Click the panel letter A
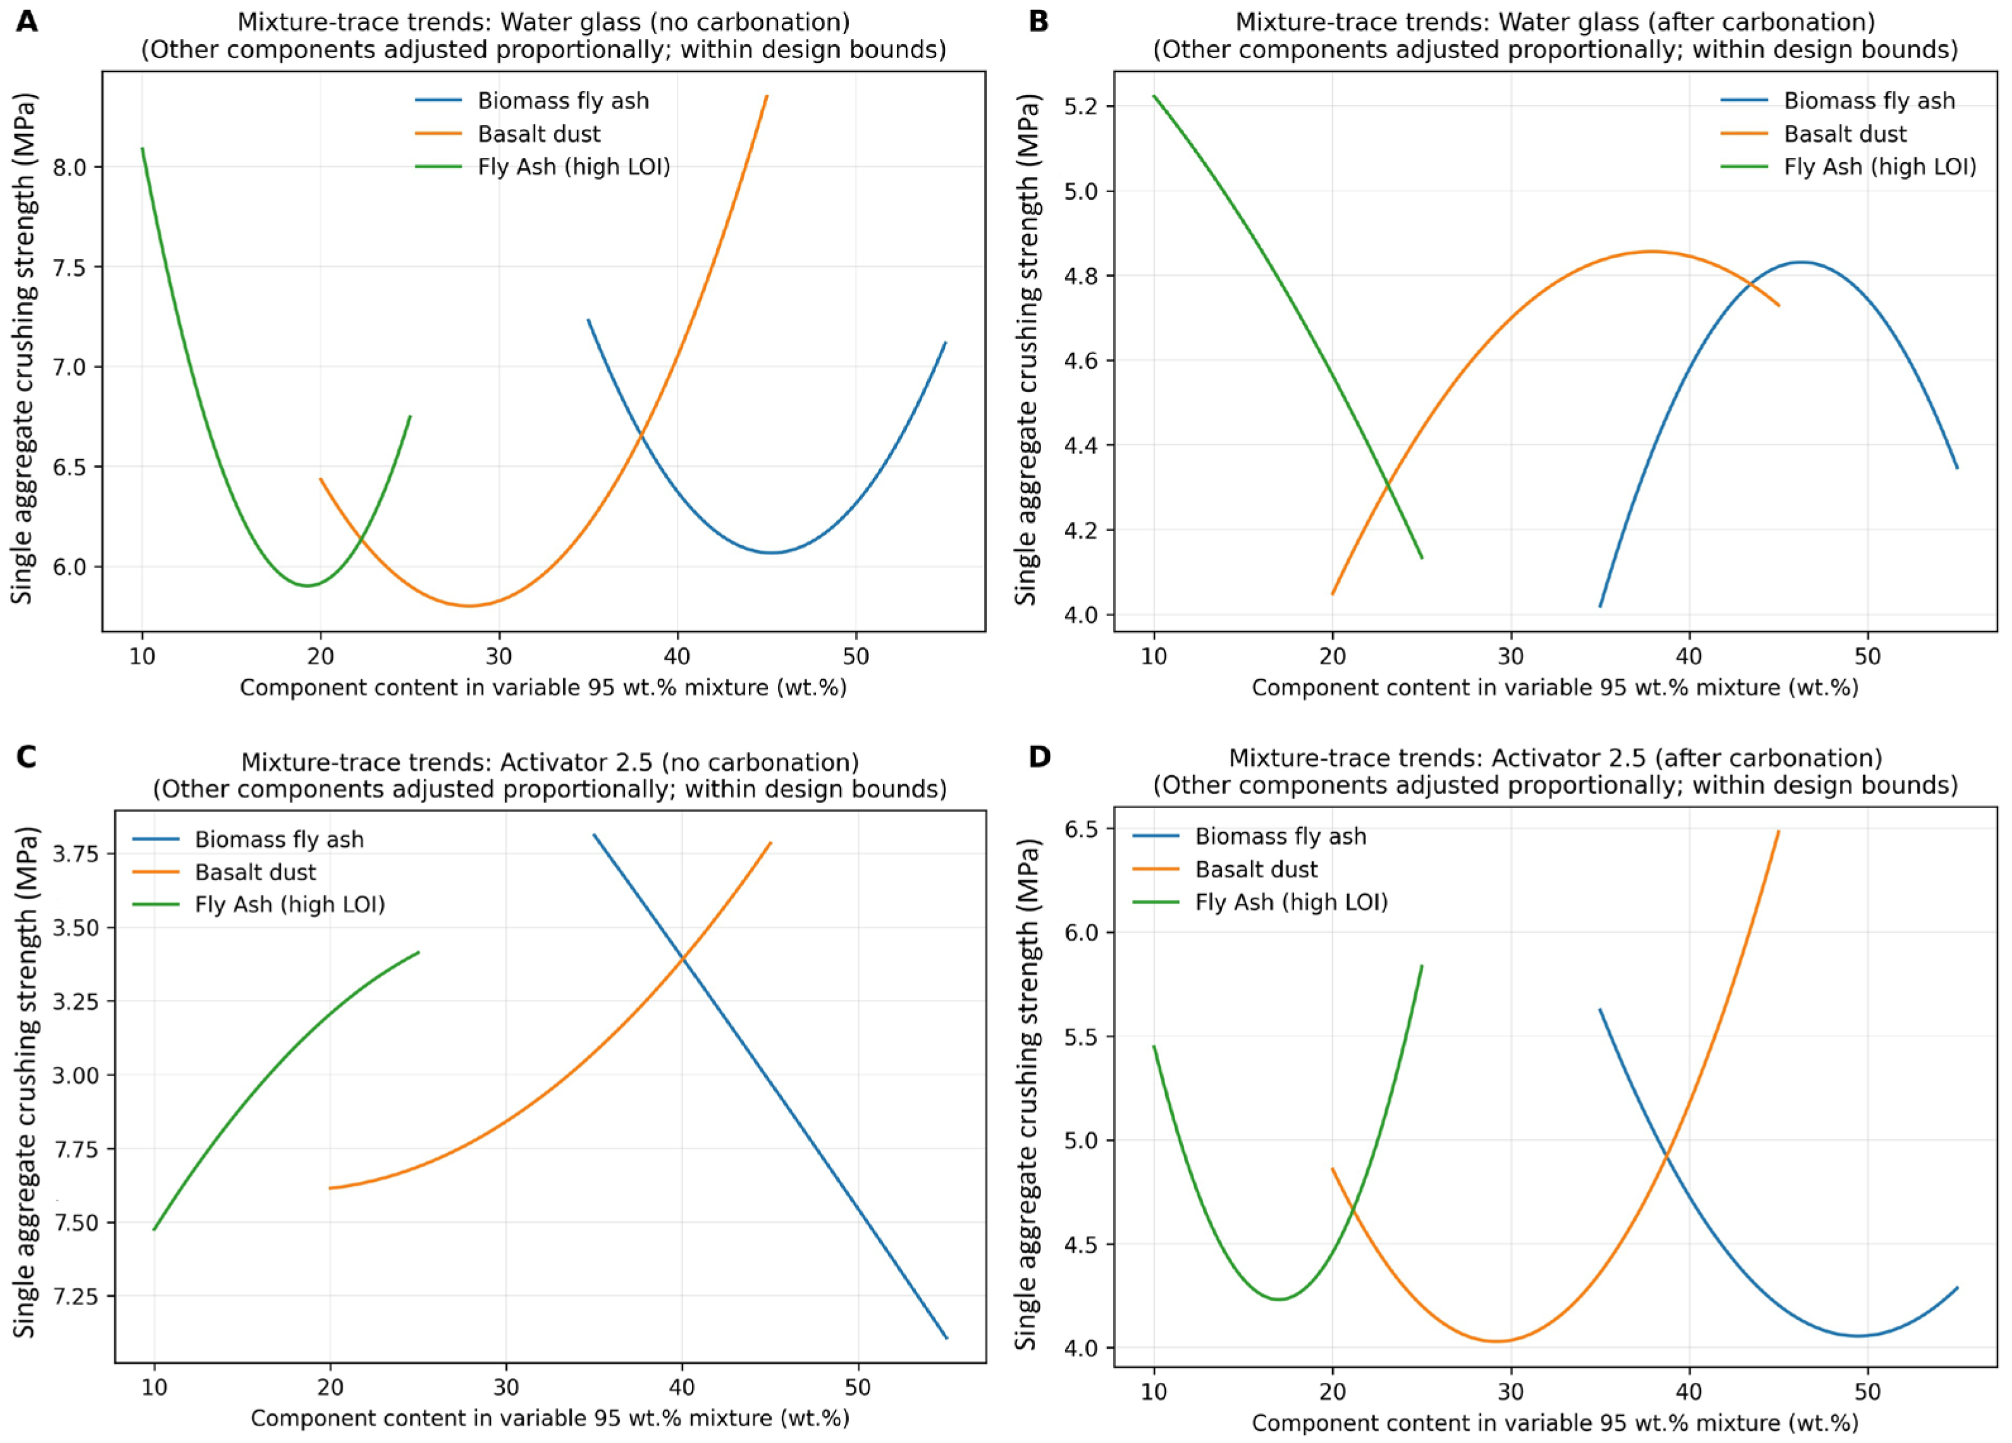click(27, 20)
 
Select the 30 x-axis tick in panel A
click(498, 656)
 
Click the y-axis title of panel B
click(1027, 352)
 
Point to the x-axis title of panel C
click(550, 1418)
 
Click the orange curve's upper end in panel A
click(767, 95)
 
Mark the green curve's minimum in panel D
click(1278, 1299)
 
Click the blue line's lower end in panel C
click(947, 1338)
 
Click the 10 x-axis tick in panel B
click(1153, 656)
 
